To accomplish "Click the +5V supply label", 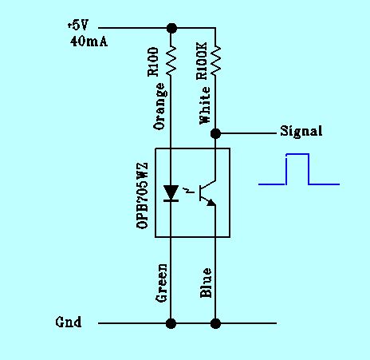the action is [x=77, y=26].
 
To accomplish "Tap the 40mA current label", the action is [x=89, y=42].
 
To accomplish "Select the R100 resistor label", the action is [x=153, y=62].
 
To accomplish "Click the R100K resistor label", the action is [x=201, y=61].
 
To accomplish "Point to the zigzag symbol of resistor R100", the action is [x=171, y=61].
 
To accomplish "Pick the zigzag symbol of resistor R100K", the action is [x=215, y=61].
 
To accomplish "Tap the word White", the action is [x=205, y=105].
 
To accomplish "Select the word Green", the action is [x=161, y=283].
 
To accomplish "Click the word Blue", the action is [x=206, y=283].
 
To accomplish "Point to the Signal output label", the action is [x=301, y=132].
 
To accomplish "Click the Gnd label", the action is [x=69, y=322].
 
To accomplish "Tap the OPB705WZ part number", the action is [x=142, y=196].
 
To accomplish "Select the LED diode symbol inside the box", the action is [x=171, y=193].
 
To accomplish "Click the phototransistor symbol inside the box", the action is [x=207, y=193].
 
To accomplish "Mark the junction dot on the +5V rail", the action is [x=171, y=28].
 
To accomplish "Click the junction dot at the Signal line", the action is [x=215, y=133].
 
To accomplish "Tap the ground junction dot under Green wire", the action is [x=171, y=323].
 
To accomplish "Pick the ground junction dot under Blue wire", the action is [x=215, y=323].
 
